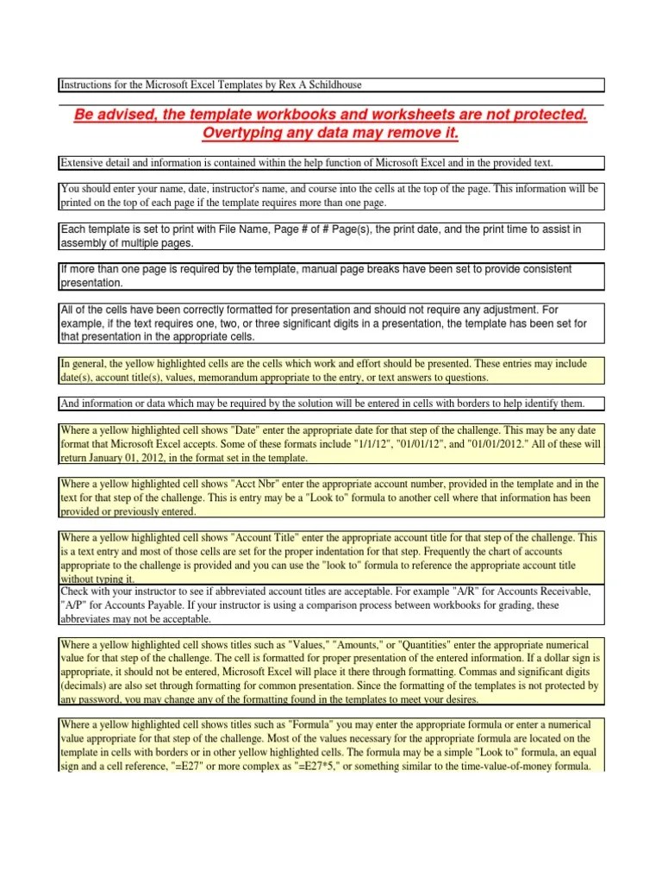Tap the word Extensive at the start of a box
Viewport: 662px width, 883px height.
[x=83, y=162]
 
